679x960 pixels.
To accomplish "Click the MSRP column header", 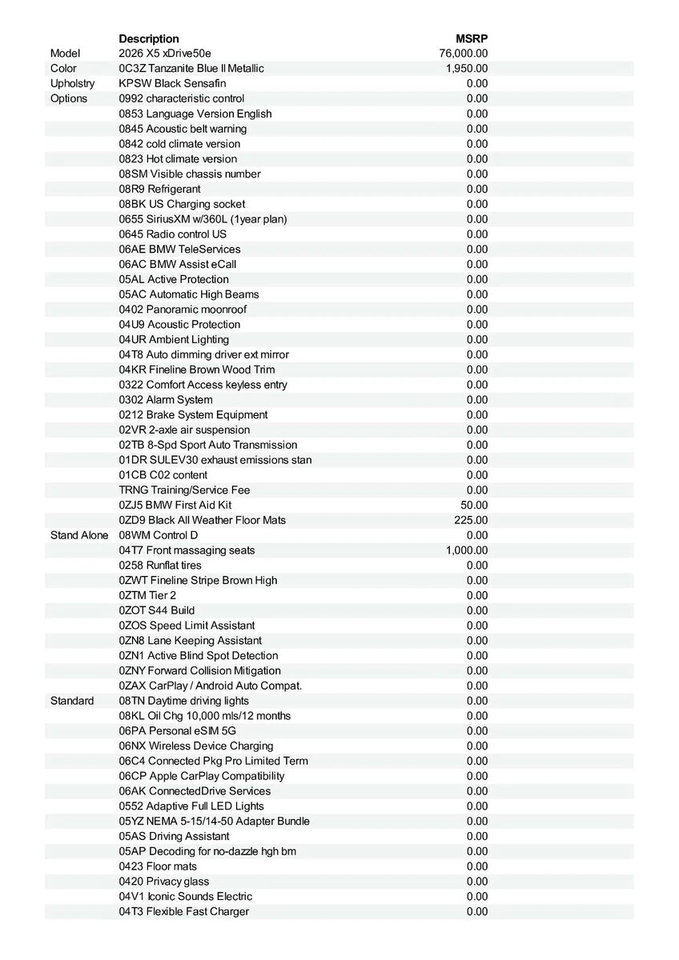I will pos(472,38).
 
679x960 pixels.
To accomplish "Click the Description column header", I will pos(149,38).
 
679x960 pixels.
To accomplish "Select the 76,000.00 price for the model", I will pos(464,54).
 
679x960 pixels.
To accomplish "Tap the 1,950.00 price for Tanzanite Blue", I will pos(467,69).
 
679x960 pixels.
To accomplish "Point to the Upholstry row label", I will pos(72,83).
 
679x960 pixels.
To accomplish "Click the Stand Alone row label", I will pos(78,535).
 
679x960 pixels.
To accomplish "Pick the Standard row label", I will pos(72,701).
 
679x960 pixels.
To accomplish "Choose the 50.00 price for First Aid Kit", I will pos(473,506).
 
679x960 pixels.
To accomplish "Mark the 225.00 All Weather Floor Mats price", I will pos(471,520).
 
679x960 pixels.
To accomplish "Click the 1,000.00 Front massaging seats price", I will pos(467,550).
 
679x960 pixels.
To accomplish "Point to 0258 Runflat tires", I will pos(160,566).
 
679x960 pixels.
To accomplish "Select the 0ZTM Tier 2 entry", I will pos(147,595).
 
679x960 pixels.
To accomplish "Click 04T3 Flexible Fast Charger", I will pos(184,912).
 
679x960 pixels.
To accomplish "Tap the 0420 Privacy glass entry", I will pos(164,882).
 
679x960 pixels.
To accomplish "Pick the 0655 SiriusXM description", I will pos(203,219).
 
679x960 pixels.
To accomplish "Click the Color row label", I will pos(64,69).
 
